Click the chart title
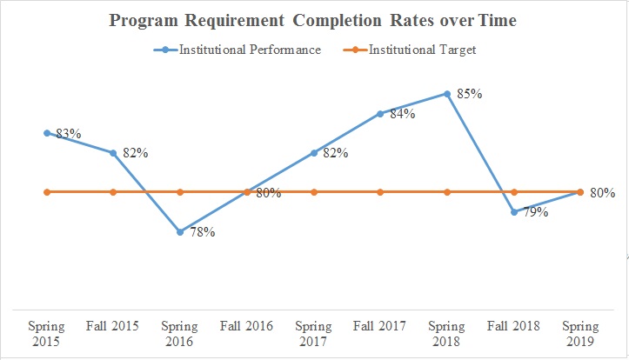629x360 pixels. click(313, 20)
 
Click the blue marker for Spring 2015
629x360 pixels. click(47, 133)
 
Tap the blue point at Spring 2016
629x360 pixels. click(180, 232)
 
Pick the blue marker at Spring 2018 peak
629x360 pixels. click(447, 94)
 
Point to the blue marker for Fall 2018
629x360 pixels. click(514, 211)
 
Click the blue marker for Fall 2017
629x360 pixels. click(380, 113)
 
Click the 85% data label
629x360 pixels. click(470, 93)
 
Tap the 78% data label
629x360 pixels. click(203, 232)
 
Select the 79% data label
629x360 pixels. click(534, 212)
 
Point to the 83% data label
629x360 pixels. click(68, 134)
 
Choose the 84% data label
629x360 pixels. click(403, 113)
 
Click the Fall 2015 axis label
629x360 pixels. click(113, 327)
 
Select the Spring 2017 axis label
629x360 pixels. click(313, 334)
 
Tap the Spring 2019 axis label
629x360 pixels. click(580, 334)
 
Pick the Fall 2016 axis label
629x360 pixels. click(247, 327)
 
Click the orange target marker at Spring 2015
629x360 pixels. click(47, 191)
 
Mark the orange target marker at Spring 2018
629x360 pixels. click(447, 191)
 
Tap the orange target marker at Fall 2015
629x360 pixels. click(113, 191)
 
